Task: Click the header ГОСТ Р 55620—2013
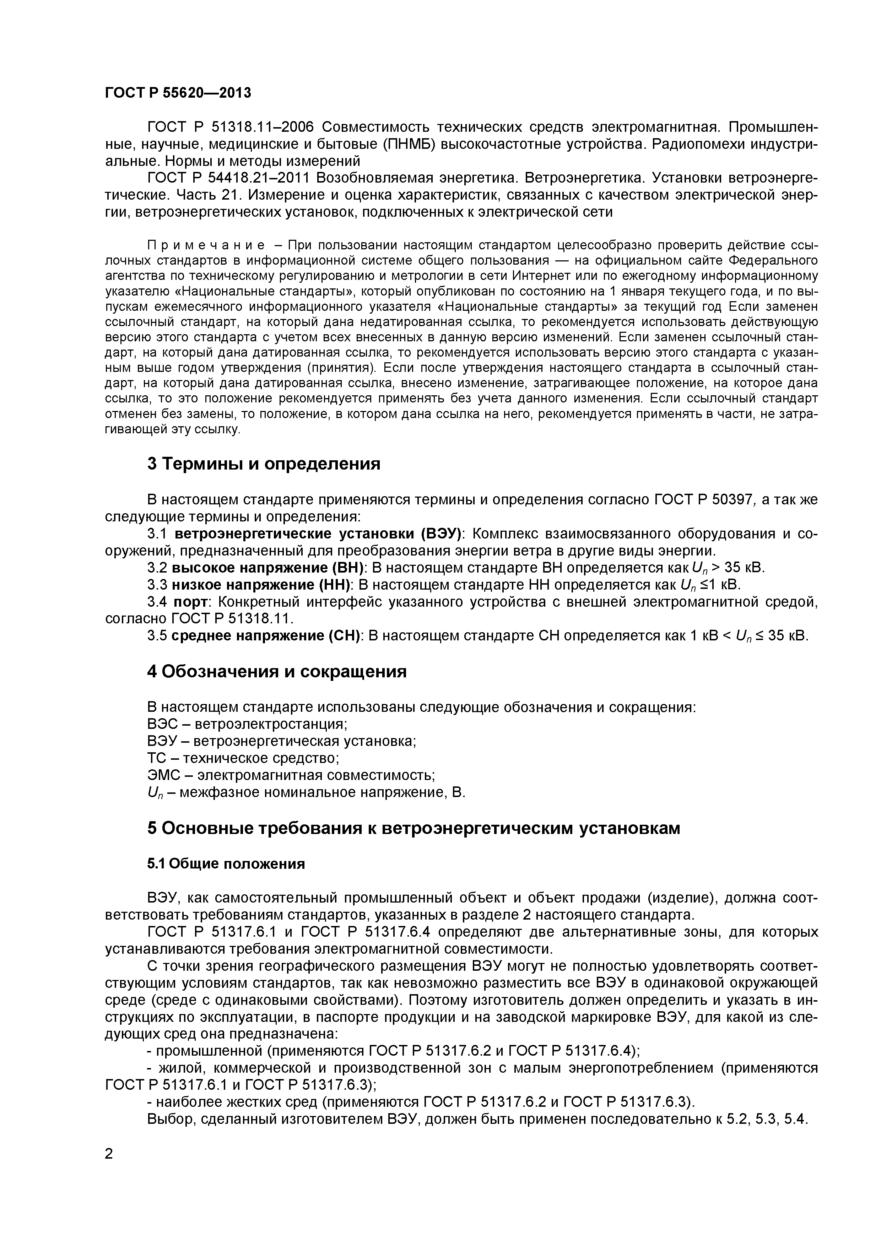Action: pyautogui.click(x=178, y=93)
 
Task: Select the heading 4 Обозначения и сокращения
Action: pyautogui.click(x=277, y=672)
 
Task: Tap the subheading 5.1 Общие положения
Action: pyautogui.click(x=226, y=863)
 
